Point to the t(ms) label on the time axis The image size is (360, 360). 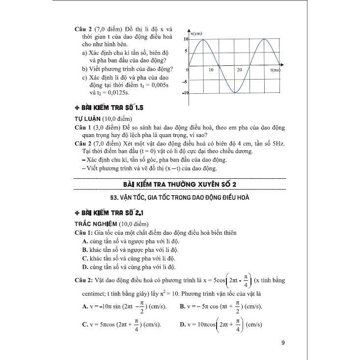tap(275, 71)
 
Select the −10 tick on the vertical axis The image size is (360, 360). tap(185, 92)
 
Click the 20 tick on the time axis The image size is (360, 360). tap(239, 71)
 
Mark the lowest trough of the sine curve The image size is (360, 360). tap(236, 93)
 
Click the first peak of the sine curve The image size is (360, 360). tap(204, 39)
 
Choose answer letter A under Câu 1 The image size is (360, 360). tap(85, 241)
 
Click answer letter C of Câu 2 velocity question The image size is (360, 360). tap(85, 325)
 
